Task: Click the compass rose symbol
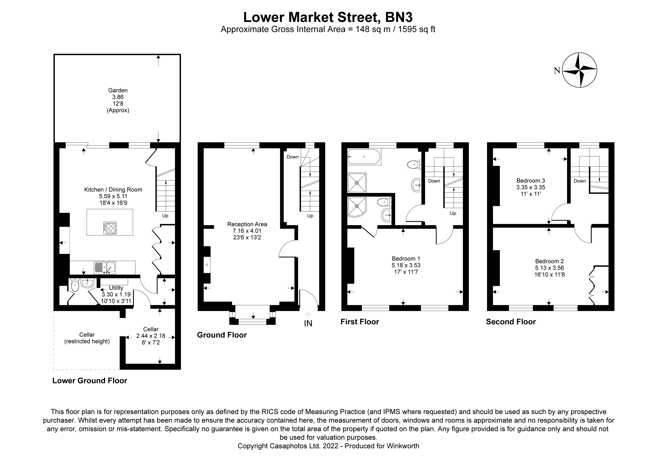click(x=579, y=70)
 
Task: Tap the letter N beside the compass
click(x=557, y=71)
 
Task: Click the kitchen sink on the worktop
click(x=105, y=268)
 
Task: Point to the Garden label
click(x=118, y=90)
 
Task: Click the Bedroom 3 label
click(x=531, y=181)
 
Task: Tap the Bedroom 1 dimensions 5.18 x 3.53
click(x=406, y=265)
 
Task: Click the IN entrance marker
click(x=308, y=323)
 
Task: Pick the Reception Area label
click(x=247, y=224)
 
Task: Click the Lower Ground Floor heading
click(x=90, y=381)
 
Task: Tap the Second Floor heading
click(x=511, y=322)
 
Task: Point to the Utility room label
click(x=116, y=288)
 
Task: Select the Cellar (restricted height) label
click(x=87, y=338)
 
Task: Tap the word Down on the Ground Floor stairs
click(x=293, y=157)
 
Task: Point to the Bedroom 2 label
click(x=549, y=261)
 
